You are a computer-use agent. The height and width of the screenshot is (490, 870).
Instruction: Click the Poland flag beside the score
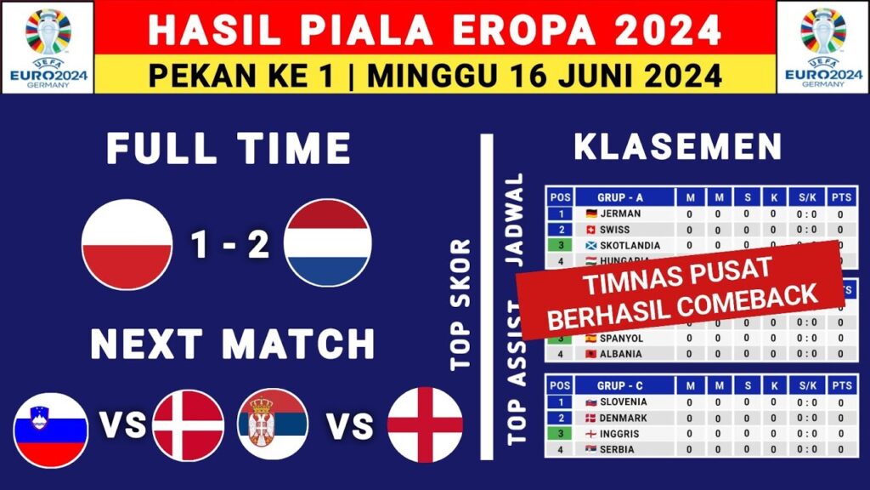point(127,244)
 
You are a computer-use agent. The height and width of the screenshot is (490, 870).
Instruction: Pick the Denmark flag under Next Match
point(188,425)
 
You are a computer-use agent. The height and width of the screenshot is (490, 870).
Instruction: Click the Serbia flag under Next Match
point(273,424)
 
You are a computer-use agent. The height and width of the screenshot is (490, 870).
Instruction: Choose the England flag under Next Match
point(425,424)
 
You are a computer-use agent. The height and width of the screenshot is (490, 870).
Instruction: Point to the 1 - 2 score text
point(229,245)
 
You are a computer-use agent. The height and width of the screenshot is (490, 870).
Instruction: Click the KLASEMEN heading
point(677,147)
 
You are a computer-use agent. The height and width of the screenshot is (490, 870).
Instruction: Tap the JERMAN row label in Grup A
point(619,214)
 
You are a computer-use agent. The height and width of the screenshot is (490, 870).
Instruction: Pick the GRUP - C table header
point(621,385)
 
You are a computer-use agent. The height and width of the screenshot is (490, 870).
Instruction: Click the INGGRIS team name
point(621,433)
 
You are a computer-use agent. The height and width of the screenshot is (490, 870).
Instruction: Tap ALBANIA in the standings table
point(620,354)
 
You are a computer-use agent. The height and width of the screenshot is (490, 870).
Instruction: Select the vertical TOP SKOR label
point(460,304)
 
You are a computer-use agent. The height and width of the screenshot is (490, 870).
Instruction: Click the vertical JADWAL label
point(516,220)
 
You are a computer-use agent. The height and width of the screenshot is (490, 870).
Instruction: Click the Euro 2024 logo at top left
point(48,47)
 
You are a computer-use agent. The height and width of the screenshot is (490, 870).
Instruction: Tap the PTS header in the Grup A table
point(840,197)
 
